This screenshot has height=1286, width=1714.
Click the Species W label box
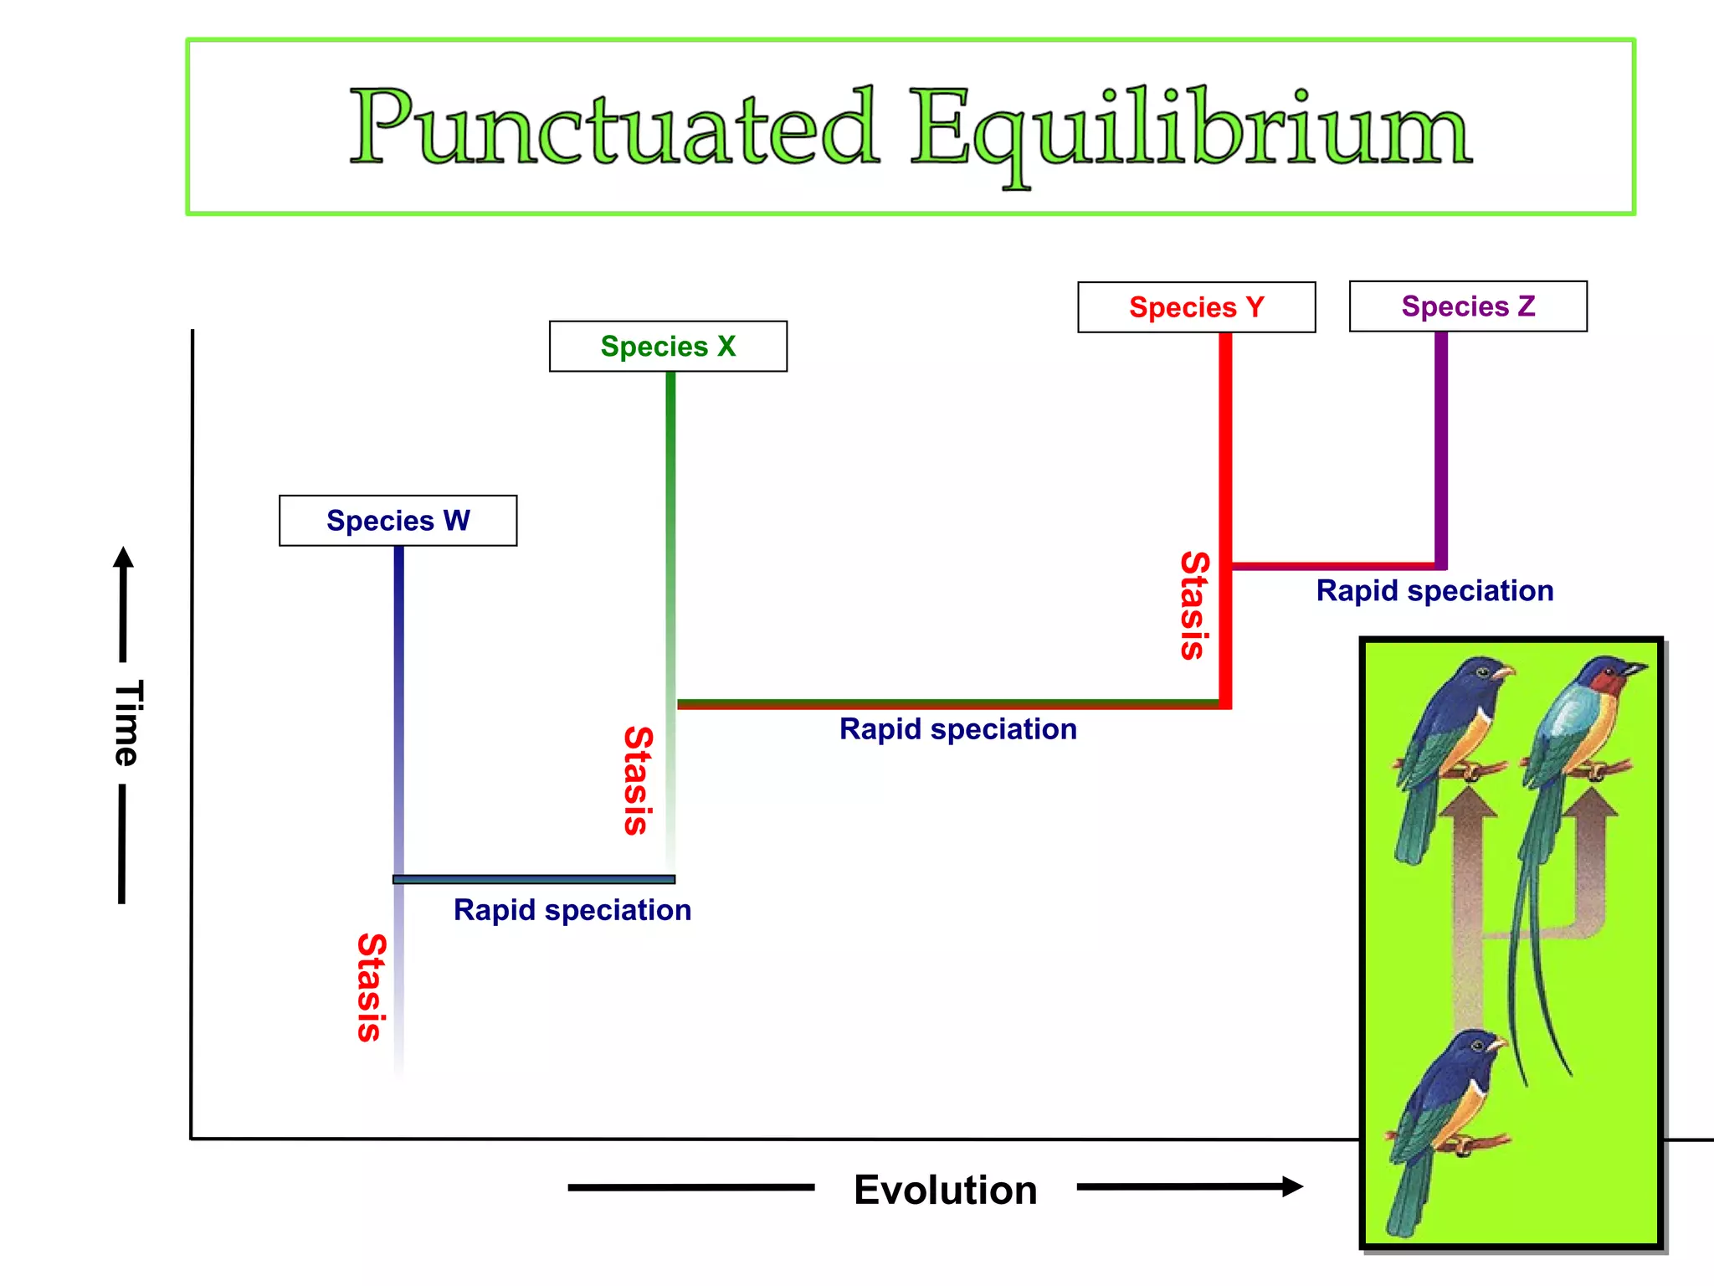[x=398, y=521]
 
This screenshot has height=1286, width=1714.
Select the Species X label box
[x=668, y=347]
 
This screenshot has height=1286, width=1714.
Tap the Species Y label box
[x=1196, y=307]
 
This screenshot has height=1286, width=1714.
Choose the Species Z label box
[x=1468, y=306]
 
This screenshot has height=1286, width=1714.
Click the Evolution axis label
[x=945, y=1190]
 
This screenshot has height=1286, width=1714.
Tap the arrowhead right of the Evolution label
[x=1293, y=1186]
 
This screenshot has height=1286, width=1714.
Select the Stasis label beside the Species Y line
[x=1194, y=605]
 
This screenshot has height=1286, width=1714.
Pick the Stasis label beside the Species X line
[x=638, y=780]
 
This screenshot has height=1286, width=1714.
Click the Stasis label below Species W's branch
[x=372, y=987]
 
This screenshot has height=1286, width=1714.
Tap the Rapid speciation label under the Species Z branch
[x=1434, y=591]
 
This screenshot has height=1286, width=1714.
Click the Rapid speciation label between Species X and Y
[x=957, y=729]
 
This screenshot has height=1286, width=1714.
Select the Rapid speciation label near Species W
[x=572, y=910]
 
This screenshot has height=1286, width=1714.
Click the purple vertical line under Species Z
[x=1441, y=444]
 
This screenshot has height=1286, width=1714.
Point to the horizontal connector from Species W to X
[x=534, y=879]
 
